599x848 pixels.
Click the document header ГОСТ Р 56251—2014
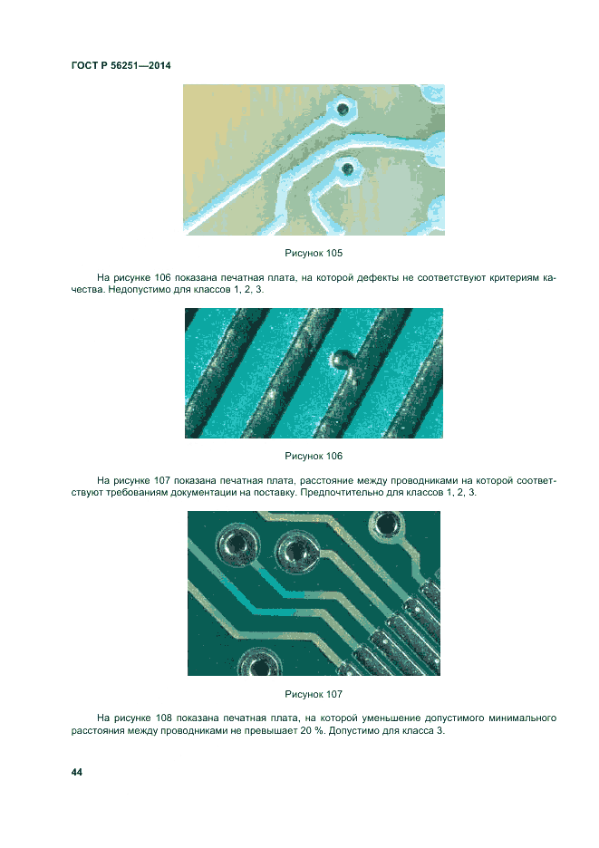121,65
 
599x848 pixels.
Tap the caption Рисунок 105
314,253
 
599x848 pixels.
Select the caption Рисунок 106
314,456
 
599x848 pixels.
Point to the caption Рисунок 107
314,694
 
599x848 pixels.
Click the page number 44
77,772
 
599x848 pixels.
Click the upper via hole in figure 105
343,110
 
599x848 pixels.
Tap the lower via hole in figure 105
347,169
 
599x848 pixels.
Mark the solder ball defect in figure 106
339,358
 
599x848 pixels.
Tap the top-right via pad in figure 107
386,524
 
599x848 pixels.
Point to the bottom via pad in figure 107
260,663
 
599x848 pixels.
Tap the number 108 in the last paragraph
163,718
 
